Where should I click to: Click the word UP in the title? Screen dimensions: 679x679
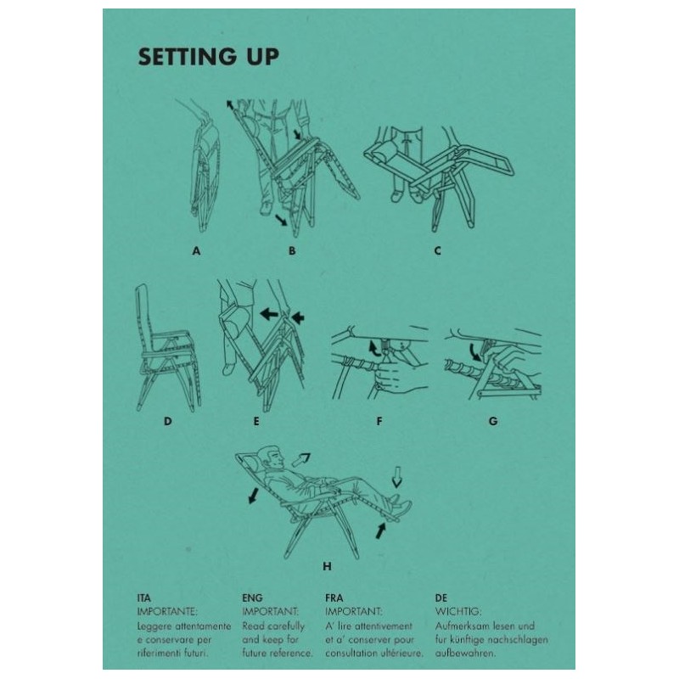coord(263,57)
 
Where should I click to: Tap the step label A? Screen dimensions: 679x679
coord(197,250)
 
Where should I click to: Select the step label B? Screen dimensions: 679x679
coord(292,250)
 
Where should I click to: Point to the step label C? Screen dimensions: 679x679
coord(437,250)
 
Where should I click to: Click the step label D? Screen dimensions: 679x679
coord(167,421)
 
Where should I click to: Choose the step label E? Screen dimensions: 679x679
coord(256,421)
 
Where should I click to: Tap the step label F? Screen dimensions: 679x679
coord(379,421)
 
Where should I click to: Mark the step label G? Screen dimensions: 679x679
coord(493,421)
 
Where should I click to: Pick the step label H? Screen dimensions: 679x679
coord(328,566)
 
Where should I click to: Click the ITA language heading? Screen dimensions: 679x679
coord(143,598)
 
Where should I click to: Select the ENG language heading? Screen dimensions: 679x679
coord(252,598)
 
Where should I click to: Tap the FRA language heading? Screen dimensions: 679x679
coord(334,598)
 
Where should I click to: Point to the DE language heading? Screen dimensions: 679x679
coord(441,598)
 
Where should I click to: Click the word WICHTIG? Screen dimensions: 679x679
coord(458,612)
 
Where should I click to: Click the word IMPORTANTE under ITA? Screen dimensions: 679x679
coord(167,612)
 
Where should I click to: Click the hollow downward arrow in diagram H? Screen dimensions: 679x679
coord(396,478)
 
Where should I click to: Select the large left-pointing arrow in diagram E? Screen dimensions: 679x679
coord(269,313)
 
